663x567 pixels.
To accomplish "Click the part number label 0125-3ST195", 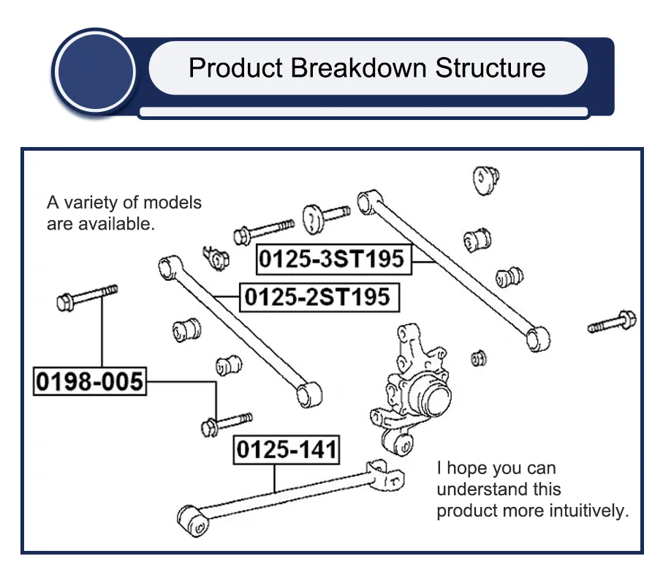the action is (334, 259).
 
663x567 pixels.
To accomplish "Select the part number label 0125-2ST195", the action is (319, 297).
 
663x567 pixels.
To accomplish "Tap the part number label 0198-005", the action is (90, 381).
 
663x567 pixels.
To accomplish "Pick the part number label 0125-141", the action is (287, 450).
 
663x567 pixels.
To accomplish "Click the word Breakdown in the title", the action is (359, 68).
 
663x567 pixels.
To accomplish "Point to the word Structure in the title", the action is (490, 68).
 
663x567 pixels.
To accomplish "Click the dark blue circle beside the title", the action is (96, 71).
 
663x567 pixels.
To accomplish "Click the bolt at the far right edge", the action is (612, 323).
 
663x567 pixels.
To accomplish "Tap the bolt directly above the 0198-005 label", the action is (87, 297).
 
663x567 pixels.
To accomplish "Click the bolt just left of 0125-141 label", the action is (227, 424).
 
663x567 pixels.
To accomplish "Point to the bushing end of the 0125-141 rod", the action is (193, 521).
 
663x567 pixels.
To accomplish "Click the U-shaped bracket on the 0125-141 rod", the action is (385, 476).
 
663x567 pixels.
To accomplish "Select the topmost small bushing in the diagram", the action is (486, 180).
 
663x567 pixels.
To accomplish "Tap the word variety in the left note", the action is (88, 203).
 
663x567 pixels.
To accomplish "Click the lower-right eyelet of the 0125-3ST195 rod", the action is (538, 338).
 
